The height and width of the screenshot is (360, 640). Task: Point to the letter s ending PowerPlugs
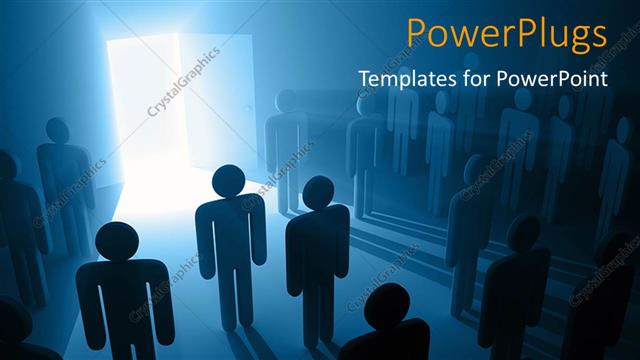tap(597, 35)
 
